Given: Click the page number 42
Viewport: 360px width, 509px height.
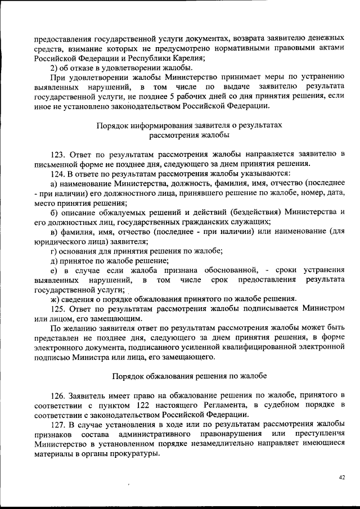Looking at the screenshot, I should click(x=341, y=478).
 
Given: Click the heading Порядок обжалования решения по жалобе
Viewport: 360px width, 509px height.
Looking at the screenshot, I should click(x=190, y=375).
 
